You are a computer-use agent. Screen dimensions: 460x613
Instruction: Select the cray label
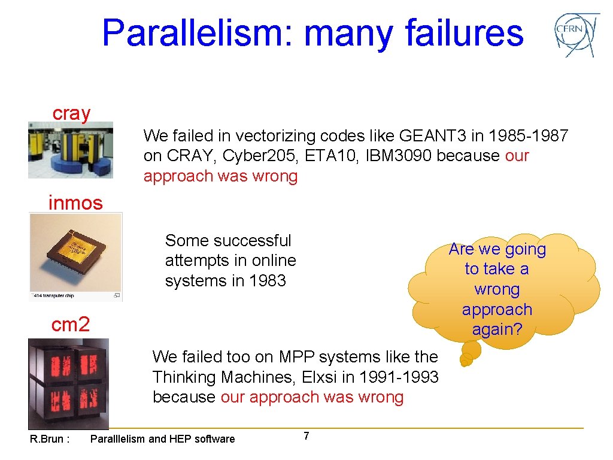click(x=71, y=113)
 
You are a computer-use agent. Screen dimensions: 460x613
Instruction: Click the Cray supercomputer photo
click(x=70, y=150)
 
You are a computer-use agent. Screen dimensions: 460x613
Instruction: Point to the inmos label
click(x=75, y=203)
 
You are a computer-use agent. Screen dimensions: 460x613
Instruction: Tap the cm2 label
click(x=71, y=325)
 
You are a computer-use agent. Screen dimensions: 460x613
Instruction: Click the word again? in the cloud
click(x=496, y=329)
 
